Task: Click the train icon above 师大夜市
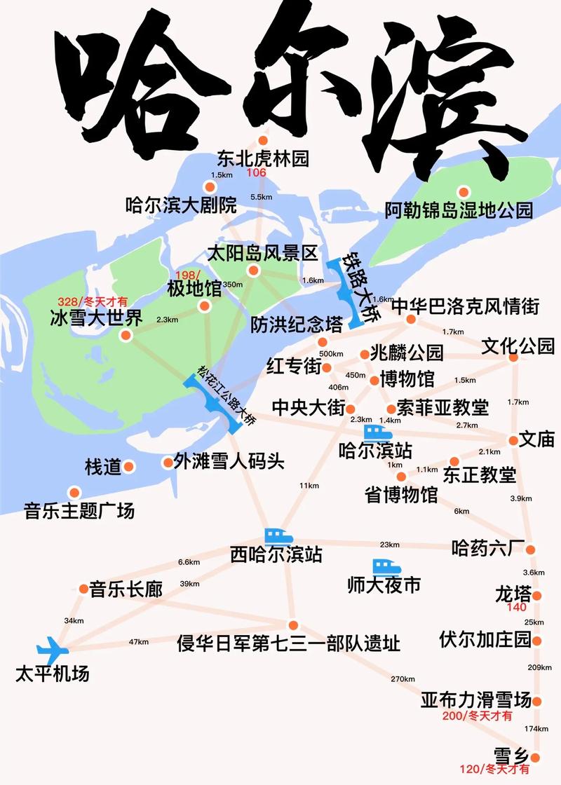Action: [385, 566]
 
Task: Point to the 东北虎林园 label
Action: [263, 158]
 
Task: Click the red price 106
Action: [257, 173]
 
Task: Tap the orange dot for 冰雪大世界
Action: [126, 335]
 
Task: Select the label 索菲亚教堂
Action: [442, 407]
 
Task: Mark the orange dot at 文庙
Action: [513, 441]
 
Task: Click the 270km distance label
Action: [403, 678]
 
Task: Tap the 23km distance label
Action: [389, 545]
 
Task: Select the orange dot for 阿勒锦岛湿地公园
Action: [463, 191]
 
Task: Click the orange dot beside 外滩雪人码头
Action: [167, 463]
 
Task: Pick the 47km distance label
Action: [138, 642]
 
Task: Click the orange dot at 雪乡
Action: [536, 757]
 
